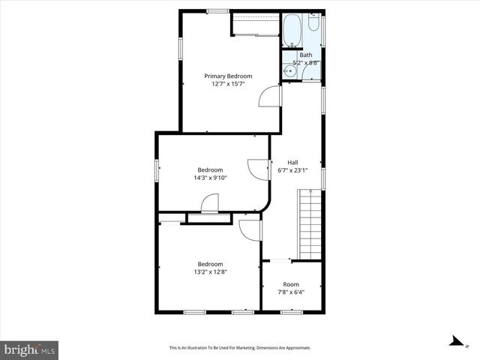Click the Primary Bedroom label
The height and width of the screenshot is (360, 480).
[229, 76]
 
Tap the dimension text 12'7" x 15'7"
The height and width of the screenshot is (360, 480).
[229, 84]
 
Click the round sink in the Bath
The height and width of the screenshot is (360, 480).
[288, 72]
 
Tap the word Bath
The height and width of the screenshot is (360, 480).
[306, 55]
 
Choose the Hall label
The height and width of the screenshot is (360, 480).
[293, 162]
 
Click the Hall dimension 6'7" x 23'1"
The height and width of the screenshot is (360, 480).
[293, 170]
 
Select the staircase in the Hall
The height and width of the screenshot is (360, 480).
[310, 224]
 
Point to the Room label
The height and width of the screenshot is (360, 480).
[291, 284]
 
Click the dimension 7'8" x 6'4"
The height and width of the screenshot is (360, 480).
[291, 292]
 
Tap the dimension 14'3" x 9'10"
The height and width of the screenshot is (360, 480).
[210, 178]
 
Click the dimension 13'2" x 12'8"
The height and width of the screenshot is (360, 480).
[210, 272]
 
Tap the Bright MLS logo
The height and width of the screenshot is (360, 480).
[30, 349]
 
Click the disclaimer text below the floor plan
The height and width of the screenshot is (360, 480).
[240, 348]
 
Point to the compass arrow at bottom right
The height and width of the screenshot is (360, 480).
[454, 341]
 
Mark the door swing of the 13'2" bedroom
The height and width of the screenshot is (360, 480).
[250, 229]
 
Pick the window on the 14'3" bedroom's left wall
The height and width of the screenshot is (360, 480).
[157, 169]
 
